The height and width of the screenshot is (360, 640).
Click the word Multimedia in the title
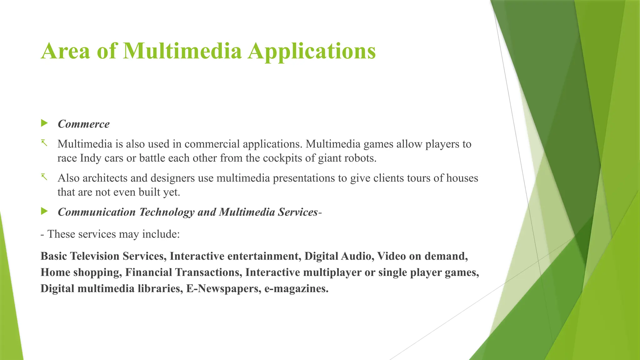click(x=182, y=51)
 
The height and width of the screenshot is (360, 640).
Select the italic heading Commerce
click(x=84, y=124)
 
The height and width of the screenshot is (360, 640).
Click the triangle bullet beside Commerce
click(x=44, y=123)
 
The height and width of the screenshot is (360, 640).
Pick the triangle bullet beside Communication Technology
click(x=44, y=212)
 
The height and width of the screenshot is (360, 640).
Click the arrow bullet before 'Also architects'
click(x=44, y=177)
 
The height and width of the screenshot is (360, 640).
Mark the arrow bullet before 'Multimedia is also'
click(x=44, y=143)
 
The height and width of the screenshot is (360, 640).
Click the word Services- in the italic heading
click(x=300, y=212)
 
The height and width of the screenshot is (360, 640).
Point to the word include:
click(x=161, y=234)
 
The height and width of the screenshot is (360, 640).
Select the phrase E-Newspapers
click(x=223, y=288)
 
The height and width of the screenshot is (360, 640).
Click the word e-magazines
click(x=296, y=288)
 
